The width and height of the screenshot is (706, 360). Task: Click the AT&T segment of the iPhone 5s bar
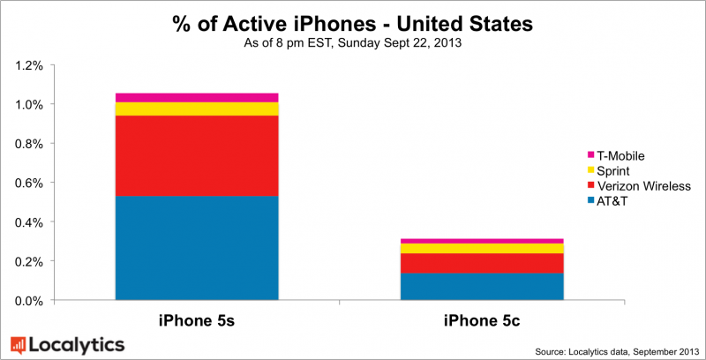[x=197, y=248]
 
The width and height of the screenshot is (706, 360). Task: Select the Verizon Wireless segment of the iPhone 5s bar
[x=197, y=155]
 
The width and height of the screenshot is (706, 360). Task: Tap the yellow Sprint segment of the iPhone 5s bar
[x=197, y=109]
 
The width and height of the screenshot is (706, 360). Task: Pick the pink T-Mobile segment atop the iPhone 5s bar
[x=197, y=97]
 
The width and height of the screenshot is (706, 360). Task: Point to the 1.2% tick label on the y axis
[x=26, y=65]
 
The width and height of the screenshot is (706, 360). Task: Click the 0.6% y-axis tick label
[x=26, y=183]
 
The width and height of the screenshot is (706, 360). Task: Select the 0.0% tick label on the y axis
[x=26, y=301]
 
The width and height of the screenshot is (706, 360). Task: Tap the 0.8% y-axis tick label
[x=26, y=144]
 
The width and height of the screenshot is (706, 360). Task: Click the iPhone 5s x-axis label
[x=197, y=321]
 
